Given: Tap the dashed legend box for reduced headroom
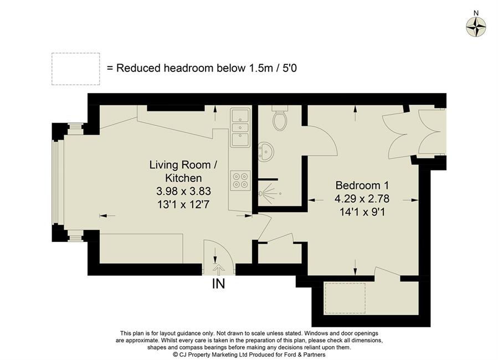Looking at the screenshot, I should [75, 69].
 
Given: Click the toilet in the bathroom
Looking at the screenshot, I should [280, 119].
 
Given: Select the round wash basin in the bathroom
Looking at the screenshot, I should [267, 151].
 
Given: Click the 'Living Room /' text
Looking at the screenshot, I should [180, 165].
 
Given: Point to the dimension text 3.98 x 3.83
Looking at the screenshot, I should [180, 191].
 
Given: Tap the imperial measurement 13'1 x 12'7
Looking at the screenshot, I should [180, 204].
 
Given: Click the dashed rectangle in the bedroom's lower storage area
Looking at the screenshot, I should [345, 297].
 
